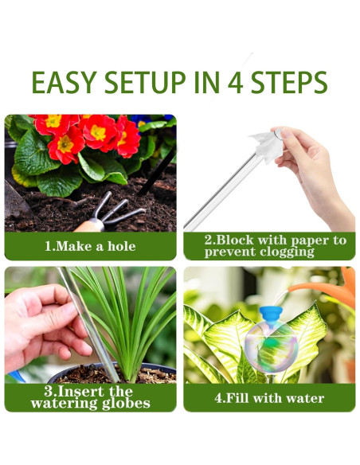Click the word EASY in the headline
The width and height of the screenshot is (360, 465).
[64, 82]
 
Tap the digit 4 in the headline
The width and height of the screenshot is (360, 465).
[236, 82]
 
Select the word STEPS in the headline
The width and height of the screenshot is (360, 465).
[289, 82]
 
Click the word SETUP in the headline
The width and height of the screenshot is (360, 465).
[145, 82]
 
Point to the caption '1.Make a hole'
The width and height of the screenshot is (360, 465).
[90, 246]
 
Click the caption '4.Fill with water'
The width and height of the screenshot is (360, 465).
[269, 398]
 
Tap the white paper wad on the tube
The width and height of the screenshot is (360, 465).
[267, 146]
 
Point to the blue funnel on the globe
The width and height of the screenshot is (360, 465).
[271, 316]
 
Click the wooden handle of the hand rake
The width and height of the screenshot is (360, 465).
[89, 226]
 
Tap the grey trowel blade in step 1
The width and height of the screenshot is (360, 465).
[15, 199]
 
